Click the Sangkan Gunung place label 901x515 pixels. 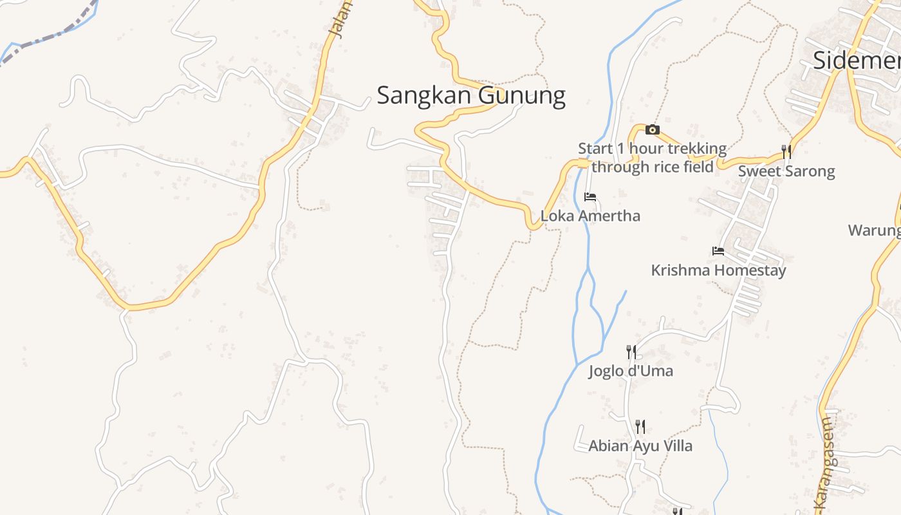point(470,95)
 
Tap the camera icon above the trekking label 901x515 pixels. point(653,130)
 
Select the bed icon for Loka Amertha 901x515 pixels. point(590,197)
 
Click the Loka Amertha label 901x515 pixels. point(590,216)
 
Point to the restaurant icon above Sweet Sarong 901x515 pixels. point(786,152)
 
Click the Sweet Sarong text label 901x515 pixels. point(786,171)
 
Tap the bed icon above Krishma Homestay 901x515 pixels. point(718,251)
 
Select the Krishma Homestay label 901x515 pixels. point(718,270)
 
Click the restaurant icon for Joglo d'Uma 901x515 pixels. point(631,352)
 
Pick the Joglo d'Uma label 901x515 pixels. point(631,371)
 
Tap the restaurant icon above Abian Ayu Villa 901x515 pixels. point(640,427)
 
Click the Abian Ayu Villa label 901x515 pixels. point(640,446)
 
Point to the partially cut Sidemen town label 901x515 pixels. point(856,61)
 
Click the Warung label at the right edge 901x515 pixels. point(874,230)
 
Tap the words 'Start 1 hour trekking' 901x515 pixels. point(652,149)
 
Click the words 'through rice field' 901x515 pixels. point(652,167)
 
